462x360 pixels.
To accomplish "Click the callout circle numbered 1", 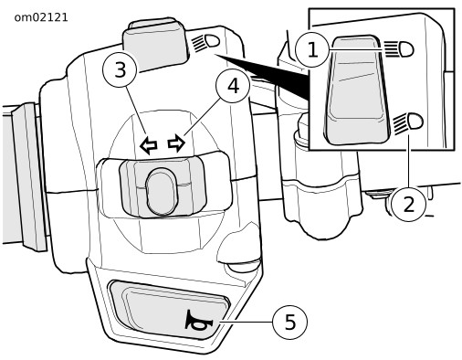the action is pyautogui.click(x=312, y=49).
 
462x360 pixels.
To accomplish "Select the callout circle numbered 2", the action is pyautogui.click(x=409, y=204).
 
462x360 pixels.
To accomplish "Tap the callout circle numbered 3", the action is pyautogui.click(x=121, y=69).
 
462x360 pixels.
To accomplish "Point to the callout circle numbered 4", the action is pyautogui.click(x=233, y=86).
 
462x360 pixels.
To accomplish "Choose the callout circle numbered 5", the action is pyautogui.click(x=289, y=322).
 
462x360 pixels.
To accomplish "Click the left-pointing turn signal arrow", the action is pyautogui.click(x=149, y=146).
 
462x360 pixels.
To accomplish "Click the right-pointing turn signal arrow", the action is pyautogui.click(x=176, y=143).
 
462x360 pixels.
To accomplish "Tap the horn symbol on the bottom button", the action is pyautogui.click(x=198, y=321).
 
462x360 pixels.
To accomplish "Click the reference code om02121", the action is pyautogui.click(x=41, y=17).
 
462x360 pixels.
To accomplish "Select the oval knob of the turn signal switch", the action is pyautogui.click(x=161, y=191).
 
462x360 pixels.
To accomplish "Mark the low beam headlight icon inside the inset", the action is pyautogui.click(x=407, y=122).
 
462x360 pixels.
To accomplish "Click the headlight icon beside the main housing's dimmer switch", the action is pyautogui.click(x=205, y=42).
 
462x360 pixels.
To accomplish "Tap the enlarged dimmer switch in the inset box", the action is pyautogui.click(x=357, y=90).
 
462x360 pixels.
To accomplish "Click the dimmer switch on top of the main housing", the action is pyautogui.click(x=154, y=45).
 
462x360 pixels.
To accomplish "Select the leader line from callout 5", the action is pyautogui.click(x=247, y=322).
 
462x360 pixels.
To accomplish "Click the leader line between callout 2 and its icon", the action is pyautogui.click(x=409, y=161).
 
